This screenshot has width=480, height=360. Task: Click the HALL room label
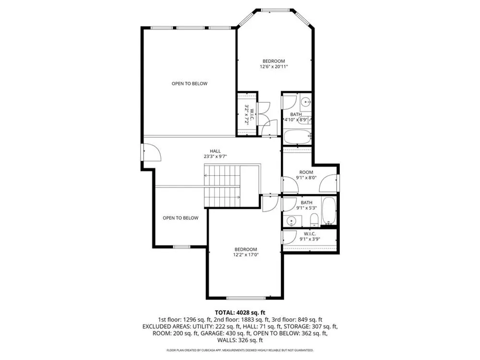pos(215,151)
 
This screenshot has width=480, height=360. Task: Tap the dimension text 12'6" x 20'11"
pos(274,66)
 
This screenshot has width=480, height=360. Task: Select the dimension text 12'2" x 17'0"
pos(246,254)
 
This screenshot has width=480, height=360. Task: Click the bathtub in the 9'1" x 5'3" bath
pos(329,211)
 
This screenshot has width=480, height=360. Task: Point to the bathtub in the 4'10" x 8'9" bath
pos(297,137)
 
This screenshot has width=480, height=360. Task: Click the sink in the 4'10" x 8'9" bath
pos(305,101)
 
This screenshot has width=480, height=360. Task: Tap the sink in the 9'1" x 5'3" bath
pos(291,221)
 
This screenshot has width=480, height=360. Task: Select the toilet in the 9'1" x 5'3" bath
pos(314,220)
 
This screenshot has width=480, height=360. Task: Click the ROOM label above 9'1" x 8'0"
pos(306,172)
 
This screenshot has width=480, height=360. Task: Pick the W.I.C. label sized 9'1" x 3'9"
pos(310,234)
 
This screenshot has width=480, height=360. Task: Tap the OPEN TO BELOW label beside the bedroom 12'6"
pos(190,84)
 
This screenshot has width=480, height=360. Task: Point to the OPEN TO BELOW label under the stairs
pos(180,218)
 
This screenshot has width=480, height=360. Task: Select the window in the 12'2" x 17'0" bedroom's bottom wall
pos(246,298)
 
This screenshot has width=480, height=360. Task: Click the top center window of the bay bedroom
pos(276,10)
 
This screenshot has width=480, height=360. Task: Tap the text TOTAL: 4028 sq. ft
pos(240,312)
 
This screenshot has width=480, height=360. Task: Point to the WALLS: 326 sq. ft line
pos(240,340)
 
